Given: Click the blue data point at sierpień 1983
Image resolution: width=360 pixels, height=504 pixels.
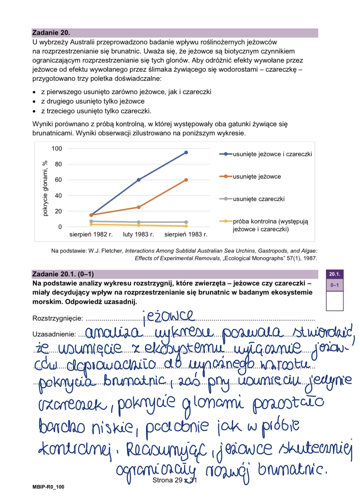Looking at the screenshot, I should click(x=186, y=152).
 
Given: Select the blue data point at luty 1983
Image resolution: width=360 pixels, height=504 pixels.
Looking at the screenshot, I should click(x=139, y=180).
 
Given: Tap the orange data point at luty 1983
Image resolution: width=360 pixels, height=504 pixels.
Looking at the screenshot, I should click(x=139, y=207).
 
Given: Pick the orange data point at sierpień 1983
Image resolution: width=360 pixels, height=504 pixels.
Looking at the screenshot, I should click(x=186, y=180).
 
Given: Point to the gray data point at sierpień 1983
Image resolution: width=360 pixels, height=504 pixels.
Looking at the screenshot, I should click(x=186, y=222).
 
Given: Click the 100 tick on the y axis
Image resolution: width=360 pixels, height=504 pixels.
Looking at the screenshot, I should click(x=57, y=149).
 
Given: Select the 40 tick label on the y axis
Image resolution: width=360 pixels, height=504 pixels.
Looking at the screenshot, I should click(x=58, y=196).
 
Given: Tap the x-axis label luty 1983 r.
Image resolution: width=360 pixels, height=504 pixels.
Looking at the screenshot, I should click(x=138, y=234).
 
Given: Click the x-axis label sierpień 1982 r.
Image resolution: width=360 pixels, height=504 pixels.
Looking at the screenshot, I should click(x=91, y=234).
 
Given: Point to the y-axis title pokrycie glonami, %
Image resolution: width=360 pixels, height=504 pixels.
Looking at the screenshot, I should click(x=45, y=188).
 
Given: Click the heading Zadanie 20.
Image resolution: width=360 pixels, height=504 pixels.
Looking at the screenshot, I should click(x=51, y=33).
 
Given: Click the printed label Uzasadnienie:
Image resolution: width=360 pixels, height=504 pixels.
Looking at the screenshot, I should click(x=54, y=334).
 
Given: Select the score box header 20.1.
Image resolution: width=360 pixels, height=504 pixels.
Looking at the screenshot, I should click(x=335, y=274).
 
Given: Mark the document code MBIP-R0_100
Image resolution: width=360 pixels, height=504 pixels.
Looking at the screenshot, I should click(x=48, y=487).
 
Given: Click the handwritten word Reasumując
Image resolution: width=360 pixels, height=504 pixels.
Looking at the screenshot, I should click(x=166, y=450).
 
